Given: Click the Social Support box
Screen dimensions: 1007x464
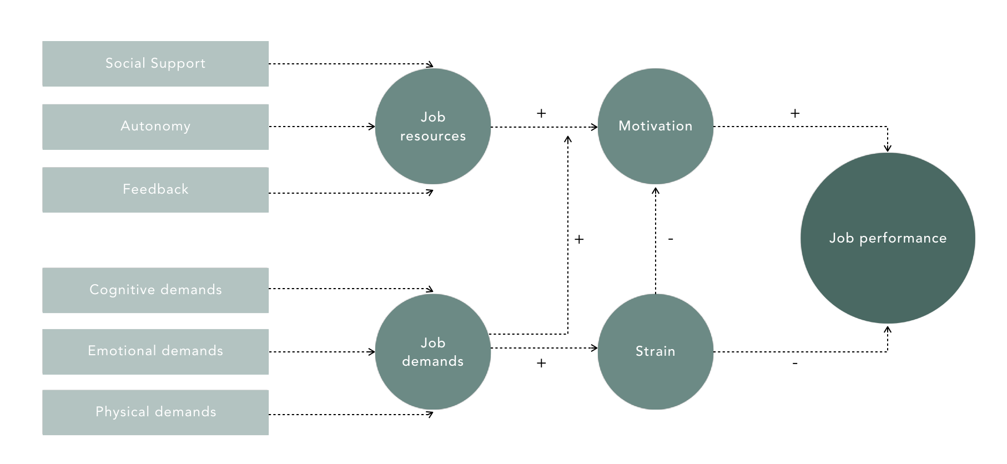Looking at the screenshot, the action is (x=155, y=64).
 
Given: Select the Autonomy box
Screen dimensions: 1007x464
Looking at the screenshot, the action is (x=155, y=127).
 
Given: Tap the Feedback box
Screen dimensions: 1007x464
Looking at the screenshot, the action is (x=155, y=190).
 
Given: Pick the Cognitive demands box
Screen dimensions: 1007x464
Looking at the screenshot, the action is (x=155, y=290).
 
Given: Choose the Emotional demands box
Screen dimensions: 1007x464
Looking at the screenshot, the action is (x=155, y=352).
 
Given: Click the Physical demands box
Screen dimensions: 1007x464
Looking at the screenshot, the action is (x=155, y=412).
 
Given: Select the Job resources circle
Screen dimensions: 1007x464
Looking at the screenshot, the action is (x=433, y=127).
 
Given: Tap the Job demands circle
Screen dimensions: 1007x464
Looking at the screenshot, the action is (x=433, y=352).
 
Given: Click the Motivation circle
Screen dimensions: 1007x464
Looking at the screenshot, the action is (x=656, y=127).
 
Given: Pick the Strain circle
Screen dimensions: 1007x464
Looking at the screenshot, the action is (x=656, y=352).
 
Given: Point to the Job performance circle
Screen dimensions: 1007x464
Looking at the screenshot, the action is (x=888, y=238).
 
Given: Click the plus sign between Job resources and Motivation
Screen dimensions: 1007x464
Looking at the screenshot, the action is (x=541, y=113).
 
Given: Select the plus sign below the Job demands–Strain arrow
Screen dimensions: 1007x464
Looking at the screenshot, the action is (x=541, y=363).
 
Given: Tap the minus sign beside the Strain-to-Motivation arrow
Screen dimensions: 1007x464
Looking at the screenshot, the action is (x=671, y=239).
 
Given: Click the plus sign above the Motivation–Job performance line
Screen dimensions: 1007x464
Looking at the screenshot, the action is (x=795, y=113).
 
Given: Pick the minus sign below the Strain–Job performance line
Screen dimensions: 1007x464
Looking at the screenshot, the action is (x=795, y=364).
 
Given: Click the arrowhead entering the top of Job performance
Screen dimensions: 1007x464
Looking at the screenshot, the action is (x=888, y=149).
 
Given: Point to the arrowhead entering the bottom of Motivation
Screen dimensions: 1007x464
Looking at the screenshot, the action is (x=656, y=191).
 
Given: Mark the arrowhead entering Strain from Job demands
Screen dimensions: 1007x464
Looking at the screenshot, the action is (x=595, y=348).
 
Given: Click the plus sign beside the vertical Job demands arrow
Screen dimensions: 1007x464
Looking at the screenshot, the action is (x=579, y=239).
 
